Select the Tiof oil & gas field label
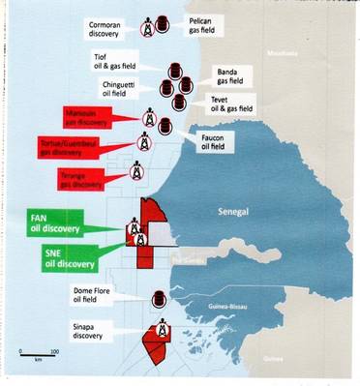tap(114, 63)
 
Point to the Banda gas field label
tap(229, 74)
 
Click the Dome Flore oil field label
tap(97, 295)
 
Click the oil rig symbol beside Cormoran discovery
tap(145, 27)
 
